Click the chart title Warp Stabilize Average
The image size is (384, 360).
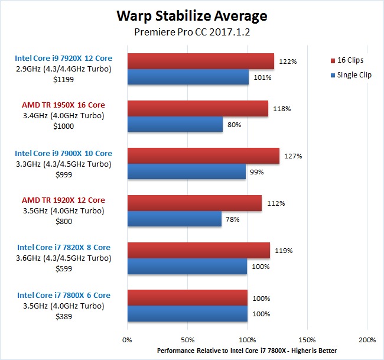(191, 16)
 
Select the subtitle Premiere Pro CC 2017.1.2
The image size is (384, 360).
(191, 33)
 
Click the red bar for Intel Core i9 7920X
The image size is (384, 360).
(200, 61)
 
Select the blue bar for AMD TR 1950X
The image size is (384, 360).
(175, 124)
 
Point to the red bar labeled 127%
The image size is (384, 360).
(203, 156)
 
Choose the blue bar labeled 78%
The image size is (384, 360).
(174, 219)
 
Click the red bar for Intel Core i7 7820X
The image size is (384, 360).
(198, 251)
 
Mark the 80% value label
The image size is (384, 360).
(235, 125)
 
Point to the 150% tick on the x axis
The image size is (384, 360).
(307, 340)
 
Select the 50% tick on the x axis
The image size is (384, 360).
(187, 340)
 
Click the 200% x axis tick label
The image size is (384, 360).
(366, 340)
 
